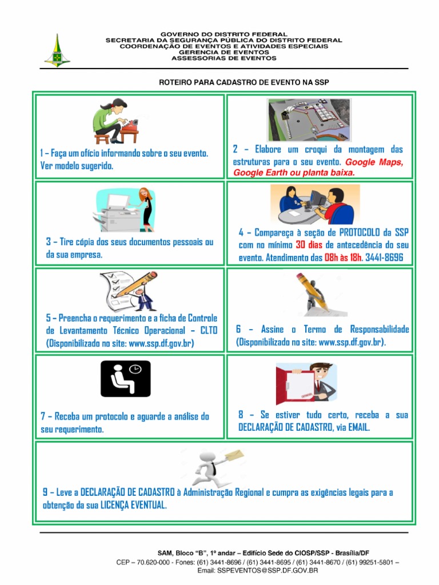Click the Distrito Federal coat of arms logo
click(57, 51)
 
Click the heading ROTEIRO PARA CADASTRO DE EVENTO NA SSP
click(244, 82)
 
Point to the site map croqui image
click(309, 119)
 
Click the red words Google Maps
click(374, 162)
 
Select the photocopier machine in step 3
click(117, 213)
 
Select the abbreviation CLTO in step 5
click(209, 331)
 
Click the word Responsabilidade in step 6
click(380, 330)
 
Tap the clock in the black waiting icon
click(135, 369)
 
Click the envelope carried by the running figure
click(234, 455)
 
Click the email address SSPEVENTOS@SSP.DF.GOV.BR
click(268, 571)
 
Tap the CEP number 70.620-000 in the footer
click(153, 562)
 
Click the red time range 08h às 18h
click(343, 258)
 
